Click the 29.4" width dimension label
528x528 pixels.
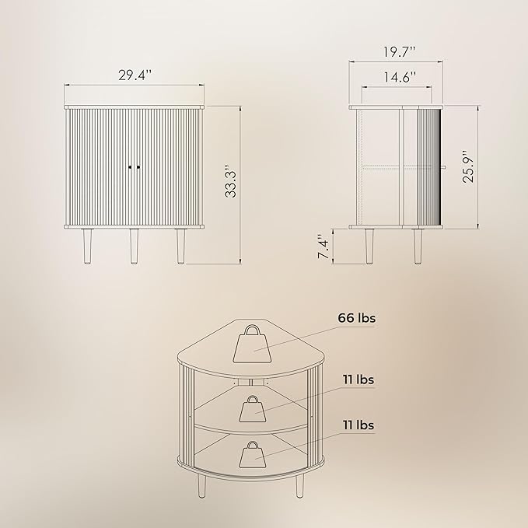click(x=135, y=75)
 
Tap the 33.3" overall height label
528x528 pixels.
click(x=231, y=181)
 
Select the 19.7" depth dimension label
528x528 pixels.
click(x=400, y=52)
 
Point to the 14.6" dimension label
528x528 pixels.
click(x=400, y=78)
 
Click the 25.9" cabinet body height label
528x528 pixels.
click(x=468, y=166)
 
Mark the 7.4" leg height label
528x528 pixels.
click(x=323, y=247)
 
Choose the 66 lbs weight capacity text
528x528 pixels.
click(x=357, y=318)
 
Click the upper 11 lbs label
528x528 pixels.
click(x=358, y=379)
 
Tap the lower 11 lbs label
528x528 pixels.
click(x=358, y=425)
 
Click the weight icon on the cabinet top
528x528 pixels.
click(x=252, y=344)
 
